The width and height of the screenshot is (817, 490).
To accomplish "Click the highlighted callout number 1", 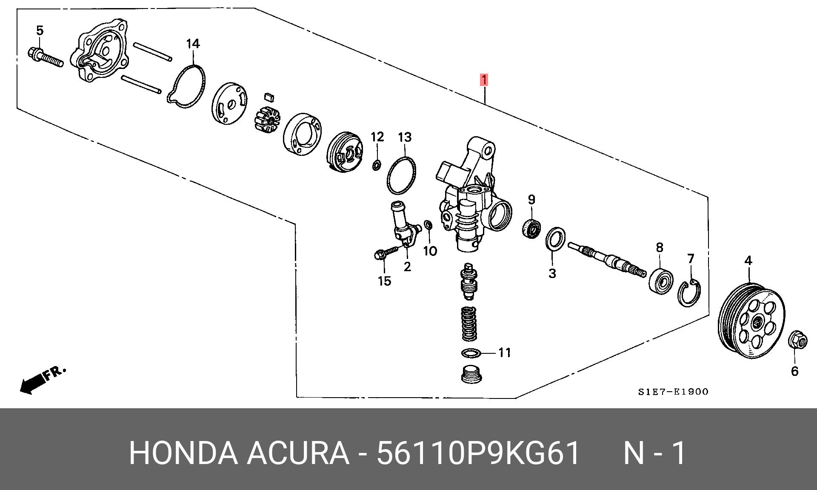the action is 484,80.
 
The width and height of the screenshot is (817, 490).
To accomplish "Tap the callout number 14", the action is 193,44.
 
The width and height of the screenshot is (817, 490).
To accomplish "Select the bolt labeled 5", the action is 45,58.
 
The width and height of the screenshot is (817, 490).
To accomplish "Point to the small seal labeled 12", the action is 376,165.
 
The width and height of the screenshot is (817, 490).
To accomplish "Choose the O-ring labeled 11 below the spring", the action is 471,353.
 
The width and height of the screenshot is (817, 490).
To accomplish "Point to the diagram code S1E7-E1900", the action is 673,392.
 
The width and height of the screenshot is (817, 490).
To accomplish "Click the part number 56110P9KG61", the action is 478,453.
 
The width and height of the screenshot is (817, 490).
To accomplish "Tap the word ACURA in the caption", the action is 297,453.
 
